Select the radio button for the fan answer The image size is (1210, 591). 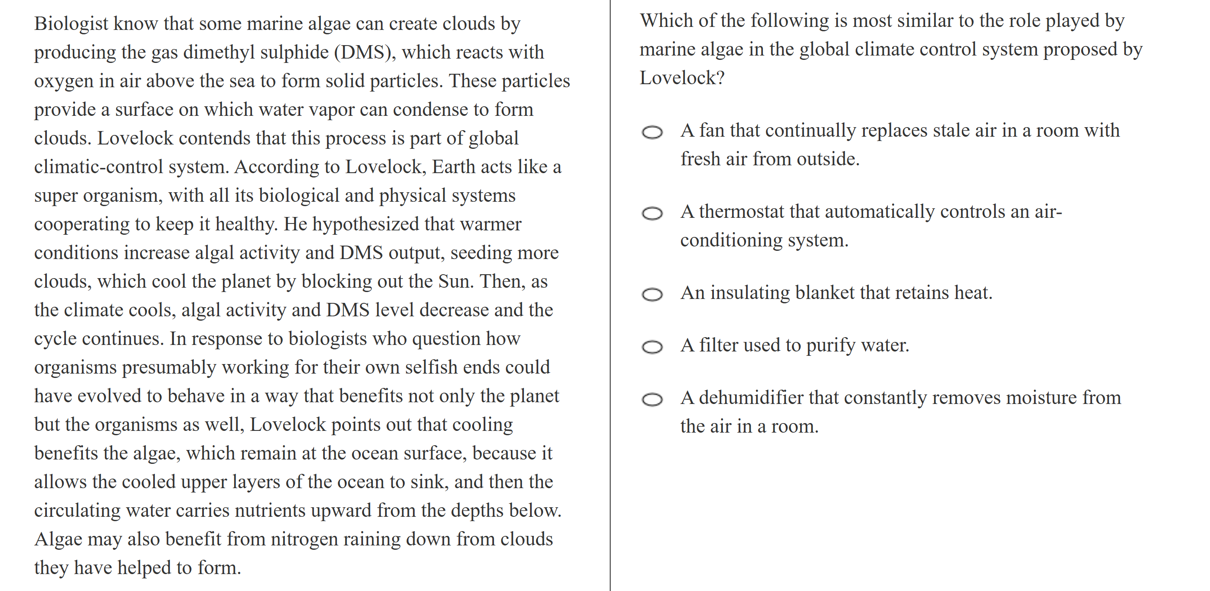click(x=652, y=132)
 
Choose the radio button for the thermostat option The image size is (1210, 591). click(x=652, y=214)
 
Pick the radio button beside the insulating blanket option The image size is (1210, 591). click(x=652, y=295)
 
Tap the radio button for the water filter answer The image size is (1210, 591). click(x=652, y=347)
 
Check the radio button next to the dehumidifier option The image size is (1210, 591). click(x=652, y=400)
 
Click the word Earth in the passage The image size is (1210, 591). click(x=452, y=167)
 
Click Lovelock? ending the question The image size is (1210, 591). click(x=682, y=78)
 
